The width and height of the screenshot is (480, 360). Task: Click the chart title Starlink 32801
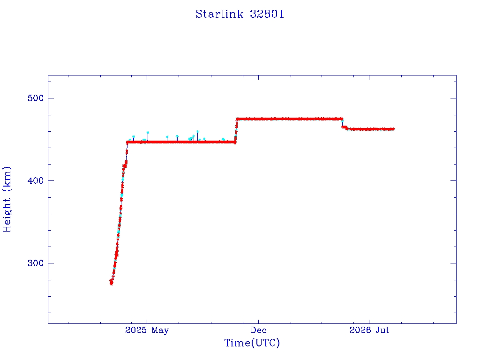click(240, 14)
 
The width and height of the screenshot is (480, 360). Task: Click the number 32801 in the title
click(267, 14)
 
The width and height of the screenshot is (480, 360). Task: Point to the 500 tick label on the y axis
click(36, 98)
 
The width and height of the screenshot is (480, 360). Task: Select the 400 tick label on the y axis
click(36, 180)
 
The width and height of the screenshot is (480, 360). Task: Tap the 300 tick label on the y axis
click(36, 263)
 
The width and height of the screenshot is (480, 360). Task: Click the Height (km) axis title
click(7, 199)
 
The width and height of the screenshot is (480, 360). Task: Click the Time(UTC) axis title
click(252, 343)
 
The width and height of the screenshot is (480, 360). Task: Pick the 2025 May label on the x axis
click(147, 330)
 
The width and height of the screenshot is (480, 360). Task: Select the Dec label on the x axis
click(258, 330)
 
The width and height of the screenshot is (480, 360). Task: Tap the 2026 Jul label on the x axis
click(369, 330)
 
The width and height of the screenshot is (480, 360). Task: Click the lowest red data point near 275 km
click(112, 284)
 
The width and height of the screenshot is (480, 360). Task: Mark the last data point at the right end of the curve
click(393, 129)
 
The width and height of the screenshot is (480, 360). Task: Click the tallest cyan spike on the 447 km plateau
click(197, 132)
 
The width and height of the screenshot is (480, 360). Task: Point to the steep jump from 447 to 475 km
click(236, 130)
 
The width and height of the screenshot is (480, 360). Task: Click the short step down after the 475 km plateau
click(345, 127)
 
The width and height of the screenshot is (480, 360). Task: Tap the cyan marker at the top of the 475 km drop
click(342, 121)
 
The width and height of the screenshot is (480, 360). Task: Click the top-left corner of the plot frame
click(48, 75)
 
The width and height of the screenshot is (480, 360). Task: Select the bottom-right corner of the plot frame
click(456, 323)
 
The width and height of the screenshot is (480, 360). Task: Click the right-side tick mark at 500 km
click(453, 98)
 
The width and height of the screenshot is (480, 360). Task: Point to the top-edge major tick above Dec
click(258, 77)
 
